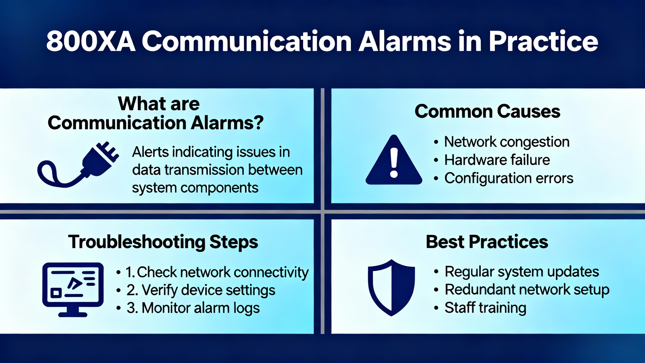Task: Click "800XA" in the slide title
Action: tap(91, 41)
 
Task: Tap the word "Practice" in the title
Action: tap(543, 41)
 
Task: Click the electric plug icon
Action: tap(78, 164)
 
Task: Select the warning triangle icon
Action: tap(394, 160)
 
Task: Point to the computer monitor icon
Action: tap(73, 289)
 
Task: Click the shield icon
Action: tap(391, 288)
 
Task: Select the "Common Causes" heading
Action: tap(488, 111)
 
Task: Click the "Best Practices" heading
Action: tap(487, 241)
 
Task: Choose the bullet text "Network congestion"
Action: tap(507, 142)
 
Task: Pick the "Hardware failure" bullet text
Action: tap(497, 160)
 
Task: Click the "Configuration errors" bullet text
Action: tap(509, 178)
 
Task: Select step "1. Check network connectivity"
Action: tap(217, 273)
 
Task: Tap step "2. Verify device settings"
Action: tap(201, 290)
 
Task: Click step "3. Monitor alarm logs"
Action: tap(193, 308)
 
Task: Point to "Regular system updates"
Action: tap(522, 272)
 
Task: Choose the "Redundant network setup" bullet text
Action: tap(527, 290)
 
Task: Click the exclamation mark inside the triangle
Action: tap(394, 162)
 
